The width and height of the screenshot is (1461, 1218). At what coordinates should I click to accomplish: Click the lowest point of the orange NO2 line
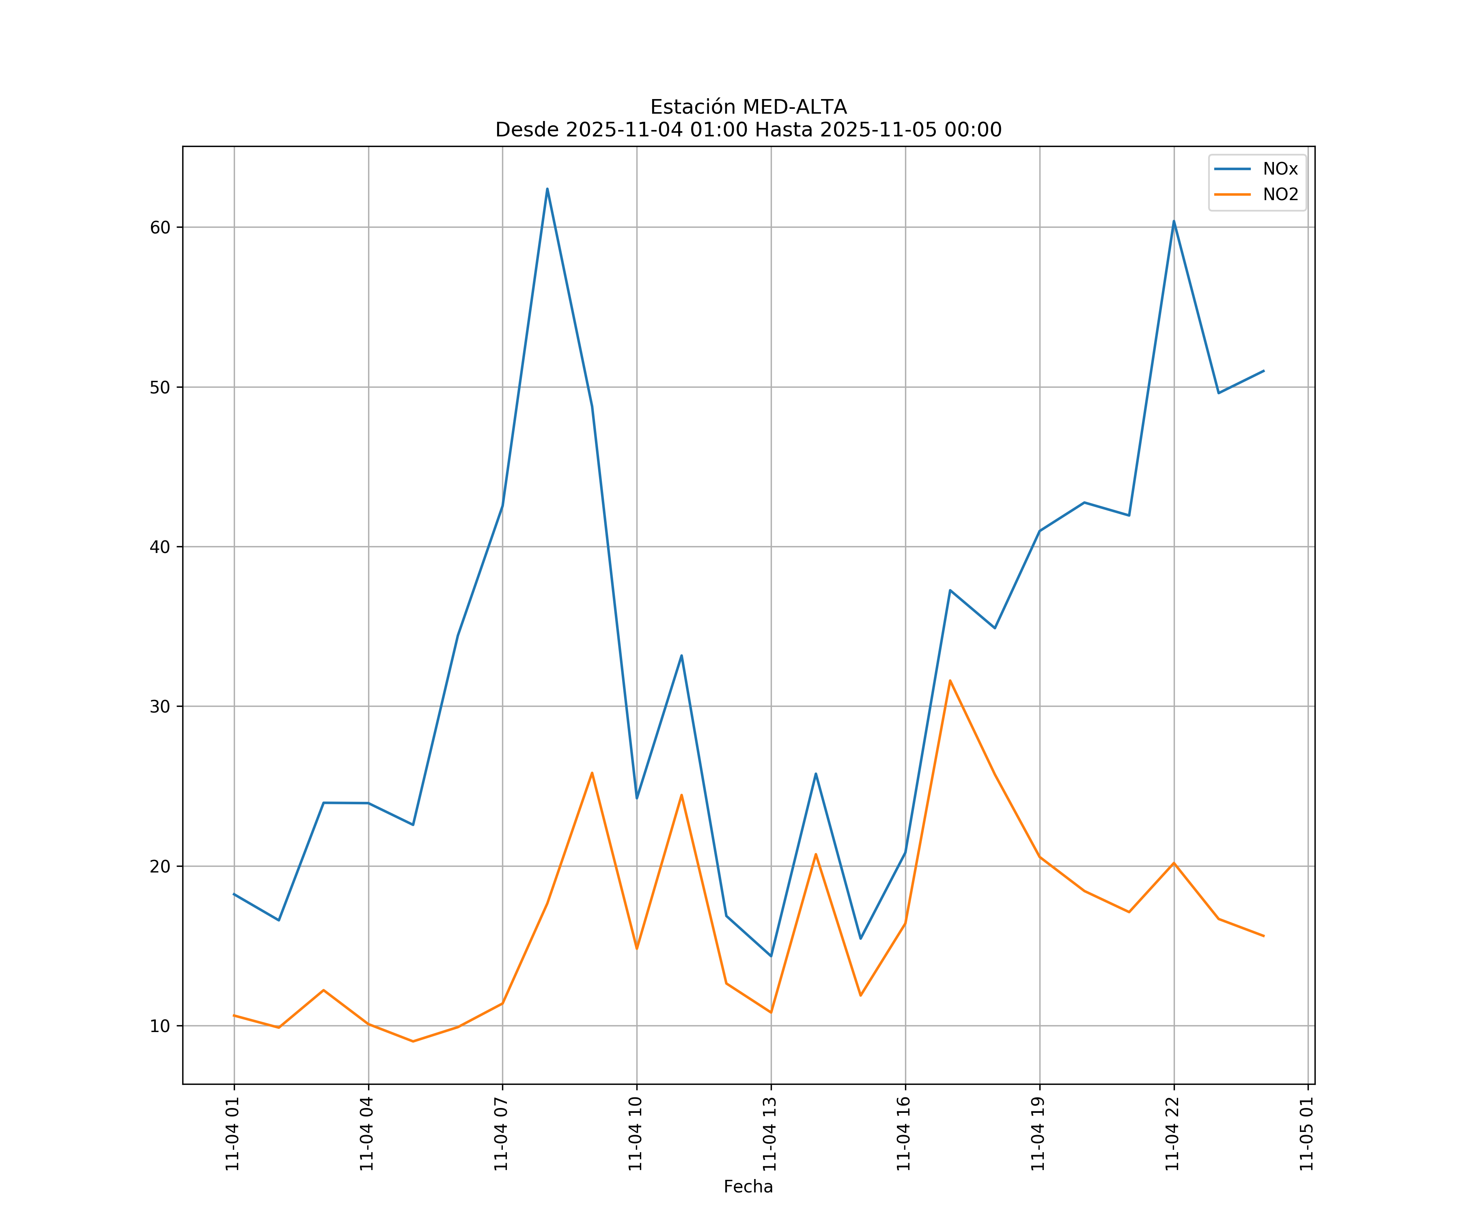click(413, 1041)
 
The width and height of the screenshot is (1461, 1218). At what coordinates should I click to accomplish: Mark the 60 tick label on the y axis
click(160, 228)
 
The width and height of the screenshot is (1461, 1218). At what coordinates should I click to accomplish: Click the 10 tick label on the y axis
click(160, 1026)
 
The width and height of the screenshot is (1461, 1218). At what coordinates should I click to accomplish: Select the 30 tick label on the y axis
click(160, 706)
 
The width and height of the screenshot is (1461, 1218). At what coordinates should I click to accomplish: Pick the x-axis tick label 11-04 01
click(233, 1134)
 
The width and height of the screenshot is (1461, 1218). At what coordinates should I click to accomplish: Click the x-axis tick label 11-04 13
click(770, 1134)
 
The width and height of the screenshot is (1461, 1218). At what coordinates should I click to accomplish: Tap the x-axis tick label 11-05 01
click(1307, 1134)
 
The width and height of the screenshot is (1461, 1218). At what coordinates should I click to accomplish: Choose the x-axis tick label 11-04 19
click(1039, 1134)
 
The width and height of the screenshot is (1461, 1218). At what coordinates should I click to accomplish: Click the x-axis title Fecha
click(748, 1187)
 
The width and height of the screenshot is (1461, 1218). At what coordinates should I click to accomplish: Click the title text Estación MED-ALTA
click(748, 107)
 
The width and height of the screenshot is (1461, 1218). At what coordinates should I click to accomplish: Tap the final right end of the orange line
click(1263, 936)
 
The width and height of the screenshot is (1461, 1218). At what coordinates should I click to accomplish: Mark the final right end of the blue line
click(1263, 371)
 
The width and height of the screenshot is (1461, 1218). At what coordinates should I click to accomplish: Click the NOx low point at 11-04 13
click(771, 956)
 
